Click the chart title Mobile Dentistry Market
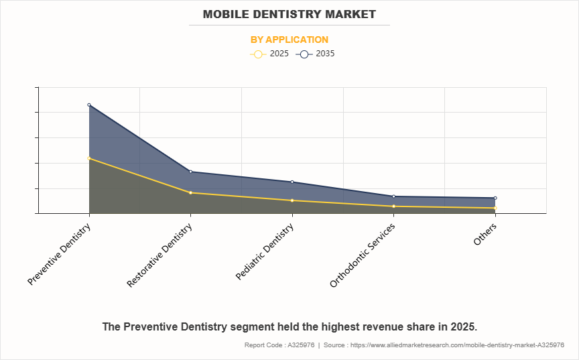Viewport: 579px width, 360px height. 289,14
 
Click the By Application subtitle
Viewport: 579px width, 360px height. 289,40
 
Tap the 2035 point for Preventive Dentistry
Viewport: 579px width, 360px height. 89,105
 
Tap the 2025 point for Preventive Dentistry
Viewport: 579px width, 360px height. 89,158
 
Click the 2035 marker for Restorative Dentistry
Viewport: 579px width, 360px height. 191,172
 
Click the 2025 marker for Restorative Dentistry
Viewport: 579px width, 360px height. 191,193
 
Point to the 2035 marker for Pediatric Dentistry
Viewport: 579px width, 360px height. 292,182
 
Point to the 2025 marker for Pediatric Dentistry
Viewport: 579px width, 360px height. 292,200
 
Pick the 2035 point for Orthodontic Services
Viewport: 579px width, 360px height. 393,196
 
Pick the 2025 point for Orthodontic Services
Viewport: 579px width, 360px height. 393,206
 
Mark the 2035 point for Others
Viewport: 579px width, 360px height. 495,198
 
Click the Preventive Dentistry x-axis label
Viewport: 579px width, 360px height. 60,254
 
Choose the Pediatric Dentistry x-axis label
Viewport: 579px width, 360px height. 265,252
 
